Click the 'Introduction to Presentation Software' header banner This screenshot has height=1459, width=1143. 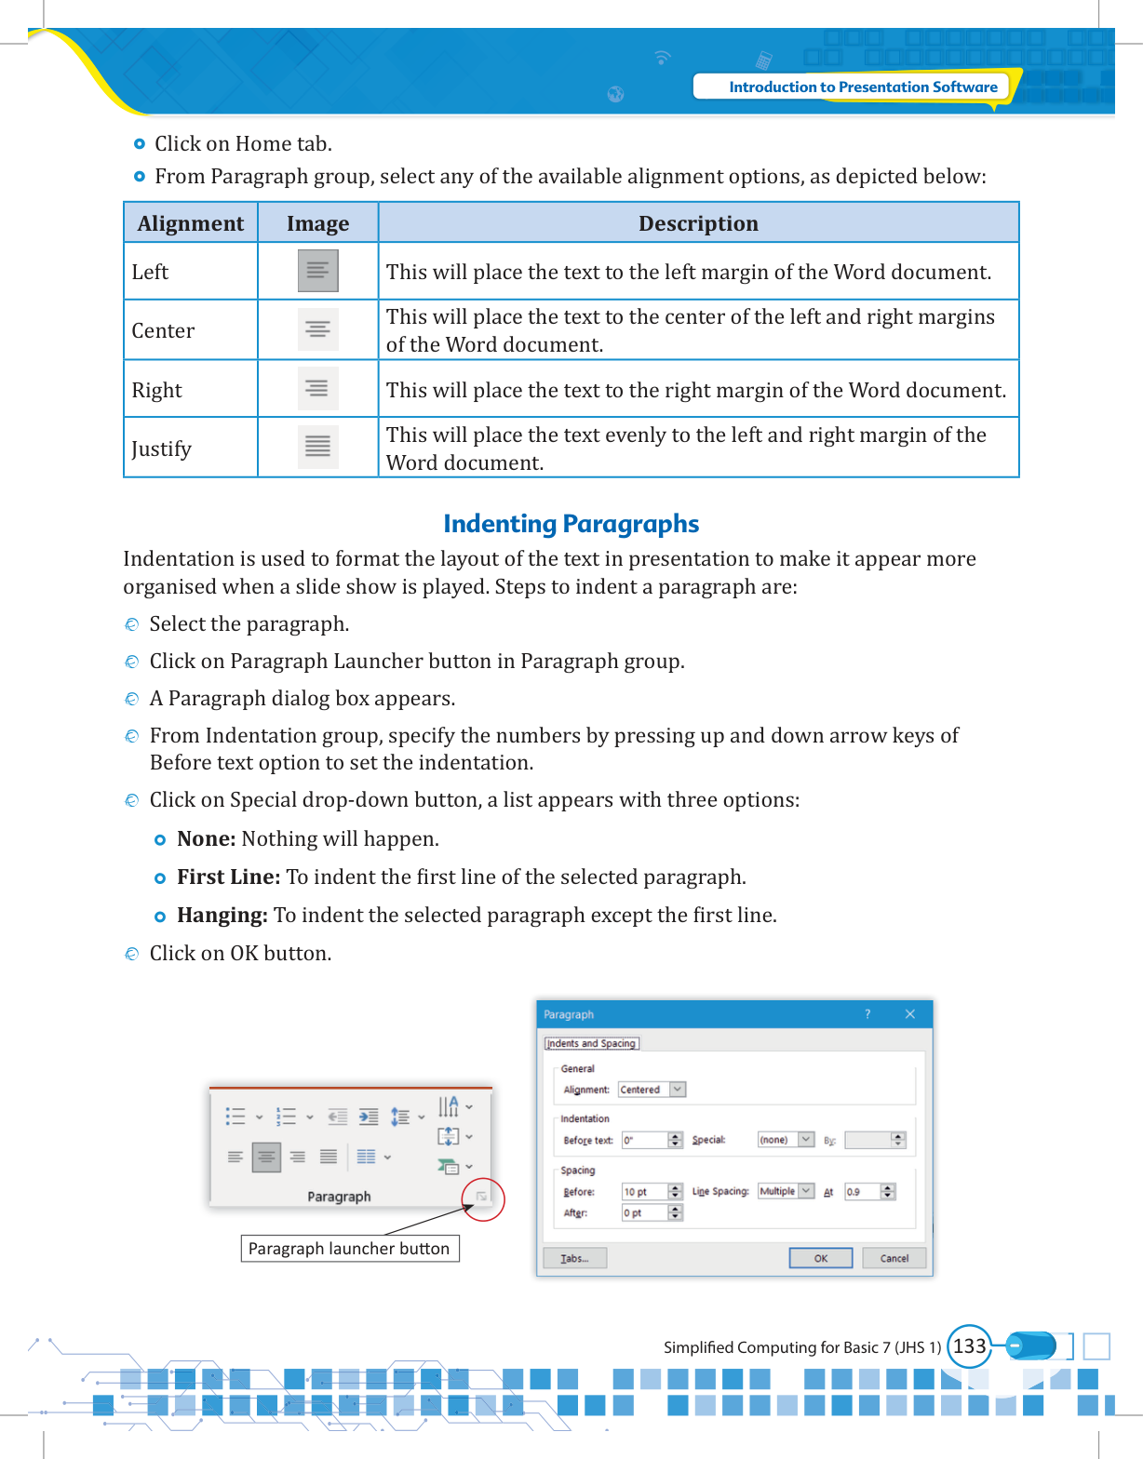[x=862, y=87]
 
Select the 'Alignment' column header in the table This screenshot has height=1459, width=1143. [x=191, y=223]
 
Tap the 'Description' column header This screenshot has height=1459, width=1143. [x=698, y=223]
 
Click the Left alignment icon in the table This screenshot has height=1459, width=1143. [x=317, y=271]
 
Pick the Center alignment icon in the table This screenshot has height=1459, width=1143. [x=317, y=330]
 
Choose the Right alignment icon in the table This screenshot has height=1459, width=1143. [x=317, y=389]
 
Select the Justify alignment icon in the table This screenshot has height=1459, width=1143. [x=317, y=447]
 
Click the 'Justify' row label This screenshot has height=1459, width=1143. [x=162, y=448]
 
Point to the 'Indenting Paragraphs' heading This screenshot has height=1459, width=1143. [x=571, y=524]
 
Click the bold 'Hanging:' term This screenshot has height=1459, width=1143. [x=222, y=916]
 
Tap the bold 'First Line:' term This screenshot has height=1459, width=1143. [x=229, y=877]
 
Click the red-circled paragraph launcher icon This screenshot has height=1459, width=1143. [x=482, y=1197]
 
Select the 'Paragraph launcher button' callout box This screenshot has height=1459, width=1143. [x=350, y=1249]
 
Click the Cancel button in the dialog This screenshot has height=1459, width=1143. [x=894, y=1258]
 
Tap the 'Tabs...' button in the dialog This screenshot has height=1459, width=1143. [x=574, y=1258]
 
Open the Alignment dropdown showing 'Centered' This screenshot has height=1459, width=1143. [x=678, y=1090]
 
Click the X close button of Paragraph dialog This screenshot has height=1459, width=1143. [x=910, y=1014]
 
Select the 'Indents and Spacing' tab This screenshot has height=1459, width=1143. [x=592, y=1044]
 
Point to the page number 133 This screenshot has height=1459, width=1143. [x=969, y=1346]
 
